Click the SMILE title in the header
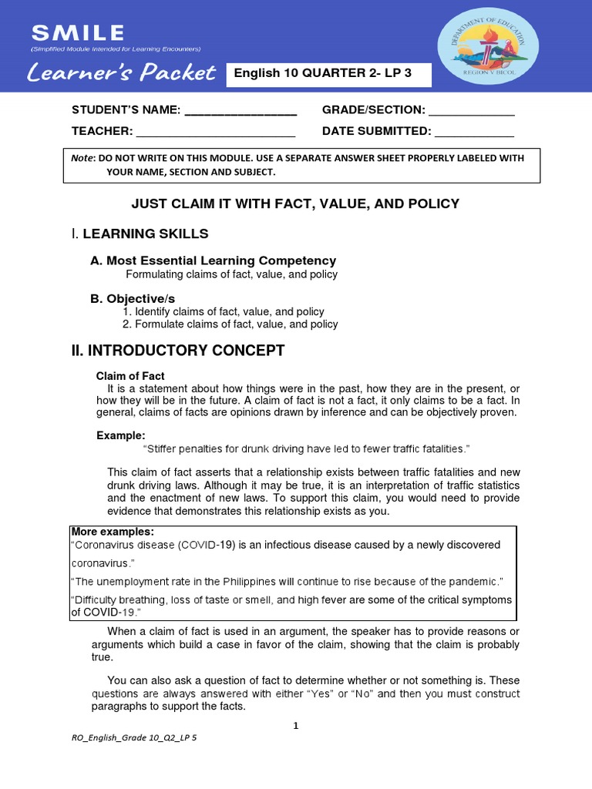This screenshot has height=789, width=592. [76, 32]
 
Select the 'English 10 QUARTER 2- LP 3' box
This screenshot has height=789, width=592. [328, 75]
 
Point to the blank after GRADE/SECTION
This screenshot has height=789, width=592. [471, 111]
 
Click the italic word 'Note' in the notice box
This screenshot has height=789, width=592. [81, 158]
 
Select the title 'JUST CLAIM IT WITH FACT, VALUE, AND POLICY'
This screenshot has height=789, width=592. [295, 203]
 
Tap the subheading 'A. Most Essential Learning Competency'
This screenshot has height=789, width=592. [213, 260]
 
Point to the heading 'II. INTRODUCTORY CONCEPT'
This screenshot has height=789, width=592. [178, 351]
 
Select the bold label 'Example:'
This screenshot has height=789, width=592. [120, 435]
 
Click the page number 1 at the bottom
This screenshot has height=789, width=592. [295, 726]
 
